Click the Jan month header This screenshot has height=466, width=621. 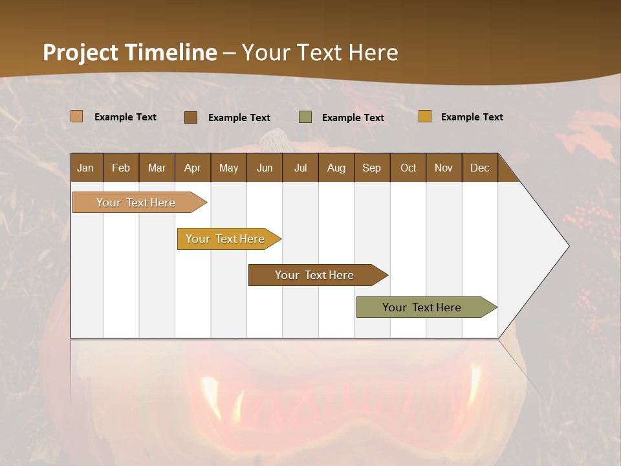point(86,168)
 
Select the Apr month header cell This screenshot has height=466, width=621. point(193,168)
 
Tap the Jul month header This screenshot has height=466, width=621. point(300,168)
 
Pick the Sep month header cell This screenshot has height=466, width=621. point(371,168)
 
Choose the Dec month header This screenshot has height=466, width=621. point(479,168)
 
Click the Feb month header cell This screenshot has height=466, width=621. point(121,168)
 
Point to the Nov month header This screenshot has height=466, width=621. point(444,168)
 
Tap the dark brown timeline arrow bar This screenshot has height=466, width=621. point(315,275)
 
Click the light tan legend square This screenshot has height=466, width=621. point(77,116)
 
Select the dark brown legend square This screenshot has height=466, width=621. point(191,117)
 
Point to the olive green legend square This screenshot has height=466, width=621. point(305,117)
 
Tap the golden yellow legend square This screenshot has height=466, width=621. point(425,116)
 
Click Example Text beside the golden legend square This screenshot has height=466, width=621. point(472,117)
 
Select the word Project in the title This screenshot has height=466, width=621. point(80,52)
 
